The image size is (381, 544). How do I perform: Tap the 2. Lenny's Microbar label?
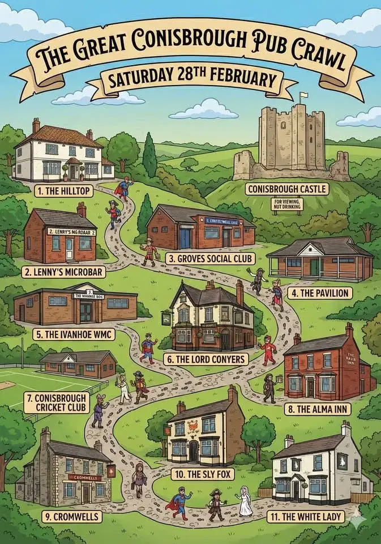[64, 271]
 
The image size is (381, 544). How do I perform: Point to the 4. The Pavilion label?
[319, 293]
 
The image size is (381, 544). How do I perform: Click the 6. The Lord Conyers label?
[205, 359]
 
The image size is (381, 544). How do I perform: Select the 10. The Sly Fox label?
[202, 473]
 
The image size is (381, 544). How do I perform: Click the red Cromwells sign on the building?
[84, 477]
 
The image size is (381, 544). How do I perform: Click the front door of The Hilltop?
[74, 172]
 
